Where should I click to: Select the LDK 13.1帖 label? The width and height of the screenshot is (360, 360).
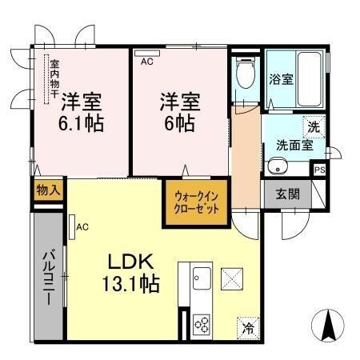(x=133, y=273)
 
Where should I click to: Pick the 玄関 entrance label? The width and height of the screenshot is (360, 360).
(x=288, y=194)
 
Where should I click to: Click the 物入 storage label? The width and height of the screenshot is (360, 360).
(x=49, y=190)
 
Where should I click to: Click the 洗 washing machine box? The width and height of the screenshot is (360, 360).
(x=314, y=126)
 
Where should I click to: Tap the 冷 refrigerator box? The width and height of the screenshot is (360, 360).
(x=248, y=327)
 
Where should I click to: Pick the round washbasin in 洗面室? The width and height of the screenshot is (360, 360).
(x=278, y=166)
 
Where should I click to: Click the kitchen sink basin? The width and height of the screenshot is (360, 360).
(x=200, y=280)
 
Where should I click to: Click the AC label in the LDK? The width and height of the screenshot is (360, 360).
(x=81, y=227)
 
